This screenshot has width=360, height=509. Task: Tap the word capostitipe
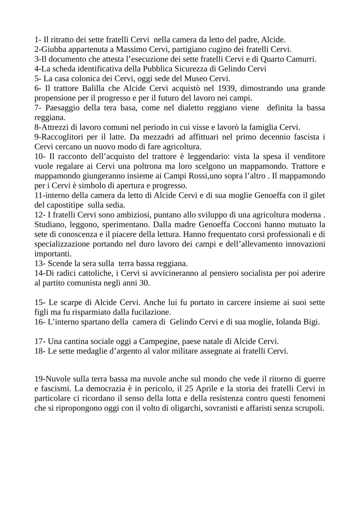click(x=64, y=205)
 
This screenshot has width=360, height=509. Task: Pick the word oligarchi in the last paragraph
click(x=183, y=408)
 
